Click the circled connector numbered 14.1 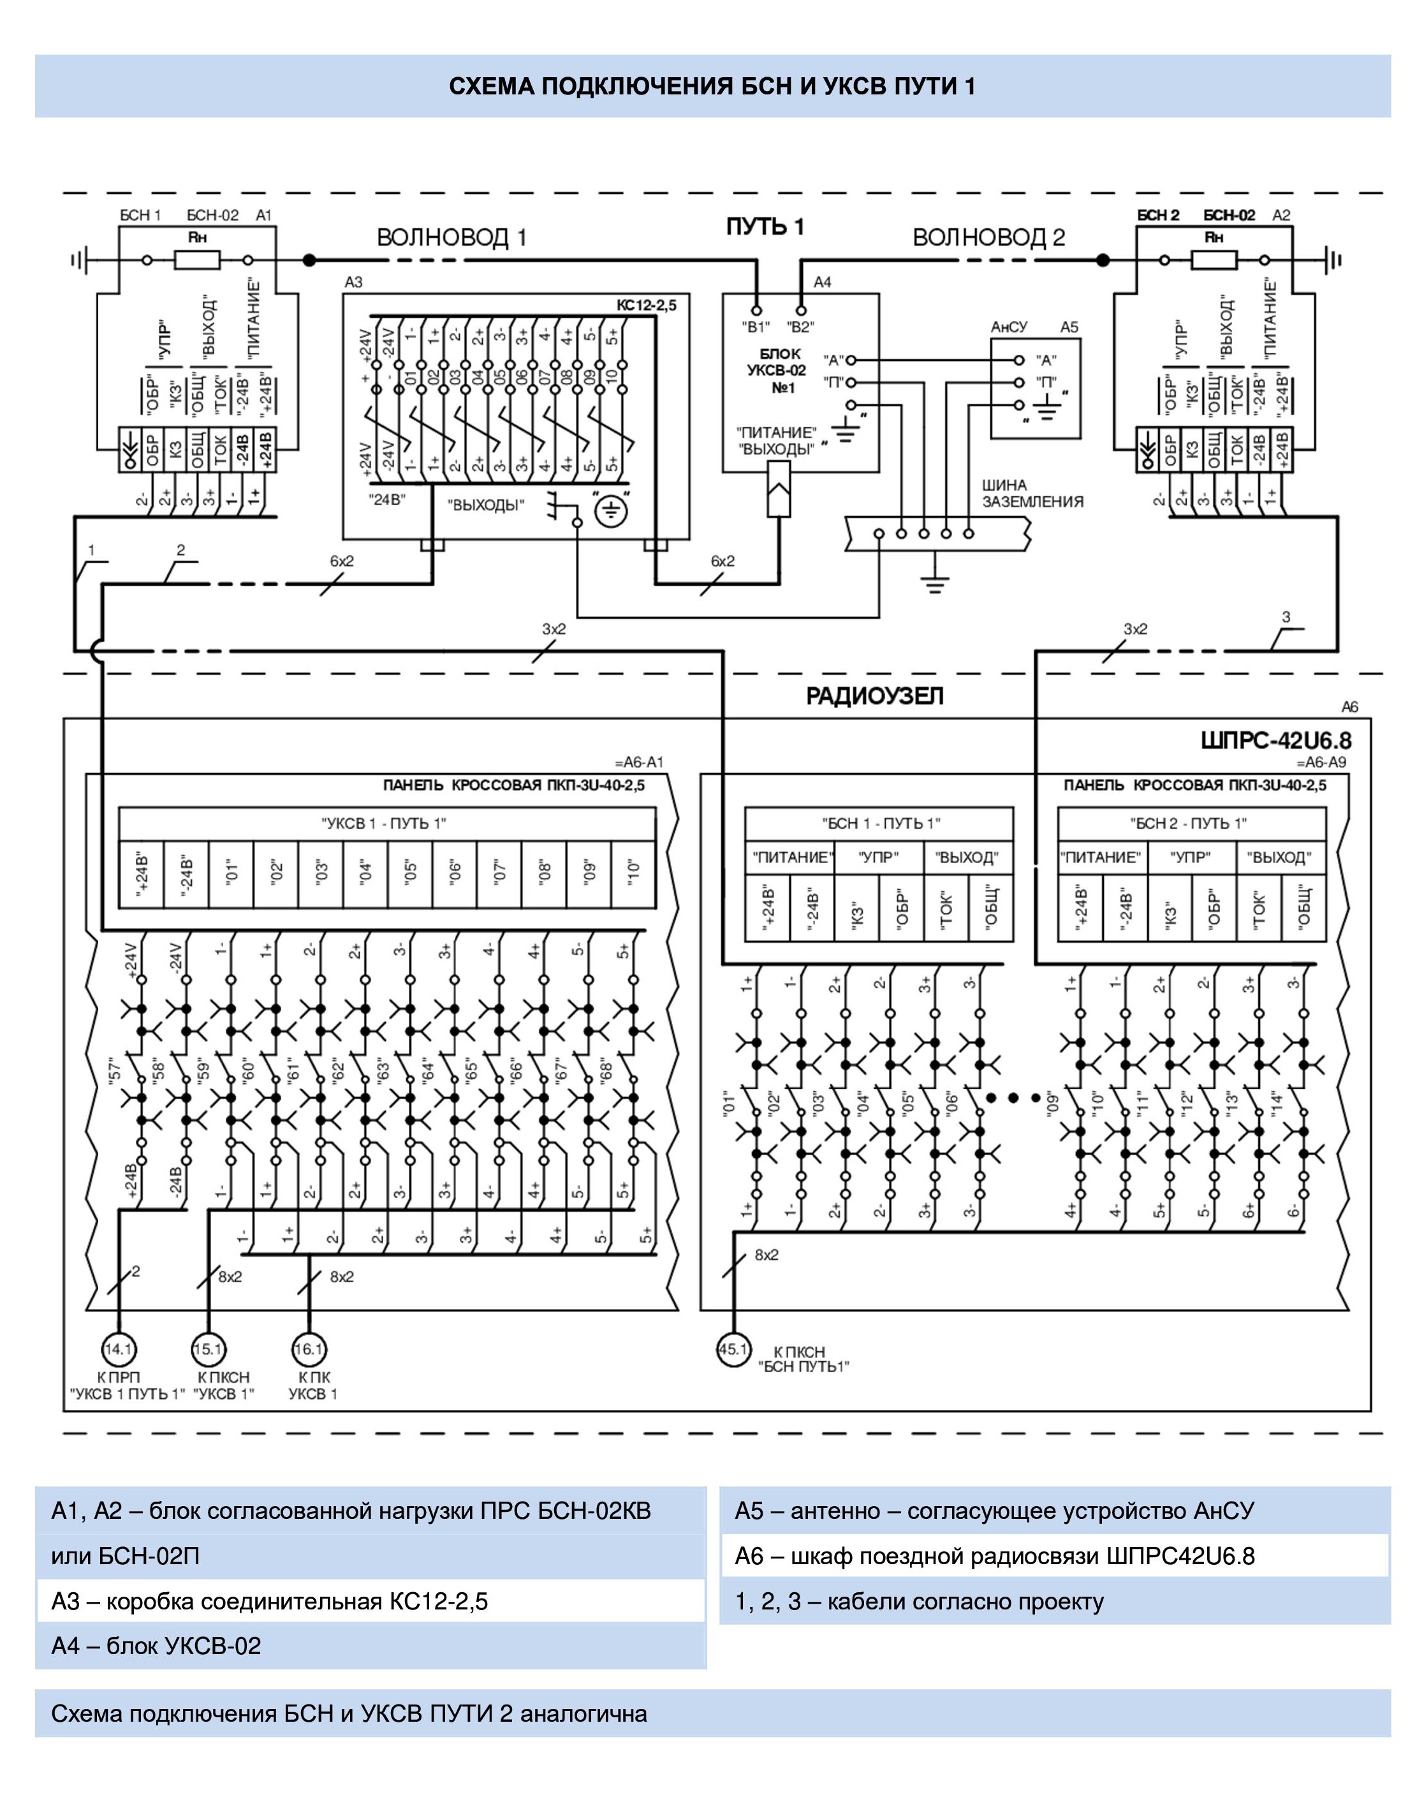[x=119, y=1349]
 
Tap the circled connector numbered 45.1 [x=733, y=1349]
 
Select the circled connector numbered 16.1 [x=309, y=1349]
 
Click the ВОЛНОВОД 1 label [x=451, y=237]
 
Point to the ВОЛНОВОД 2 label [x=988, y=237]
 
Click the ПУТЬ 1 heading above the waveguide [x=765, y=226]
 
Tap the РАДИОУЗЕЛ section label [x=874, y=696]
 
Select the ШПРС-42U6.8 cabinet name [x=1275, y=740]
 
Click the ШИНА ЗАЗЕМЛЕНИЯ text [x=1032, y=493]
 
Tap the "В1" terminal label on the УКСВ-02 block [x=756, y=327]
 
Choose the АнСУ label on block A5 [x=1009, y=327]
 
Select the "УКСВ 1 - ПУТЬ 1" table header [x=384, y=824]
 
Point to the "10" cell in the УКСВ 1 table [x=633, y=872]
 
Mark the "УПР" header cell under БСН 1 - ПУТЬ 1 [x=879, y=857]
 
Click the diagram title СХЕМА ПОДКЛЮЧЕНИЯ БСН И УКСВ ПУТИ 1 [x=712, y=87]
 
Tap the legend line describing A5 [x=994, y=1511]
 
